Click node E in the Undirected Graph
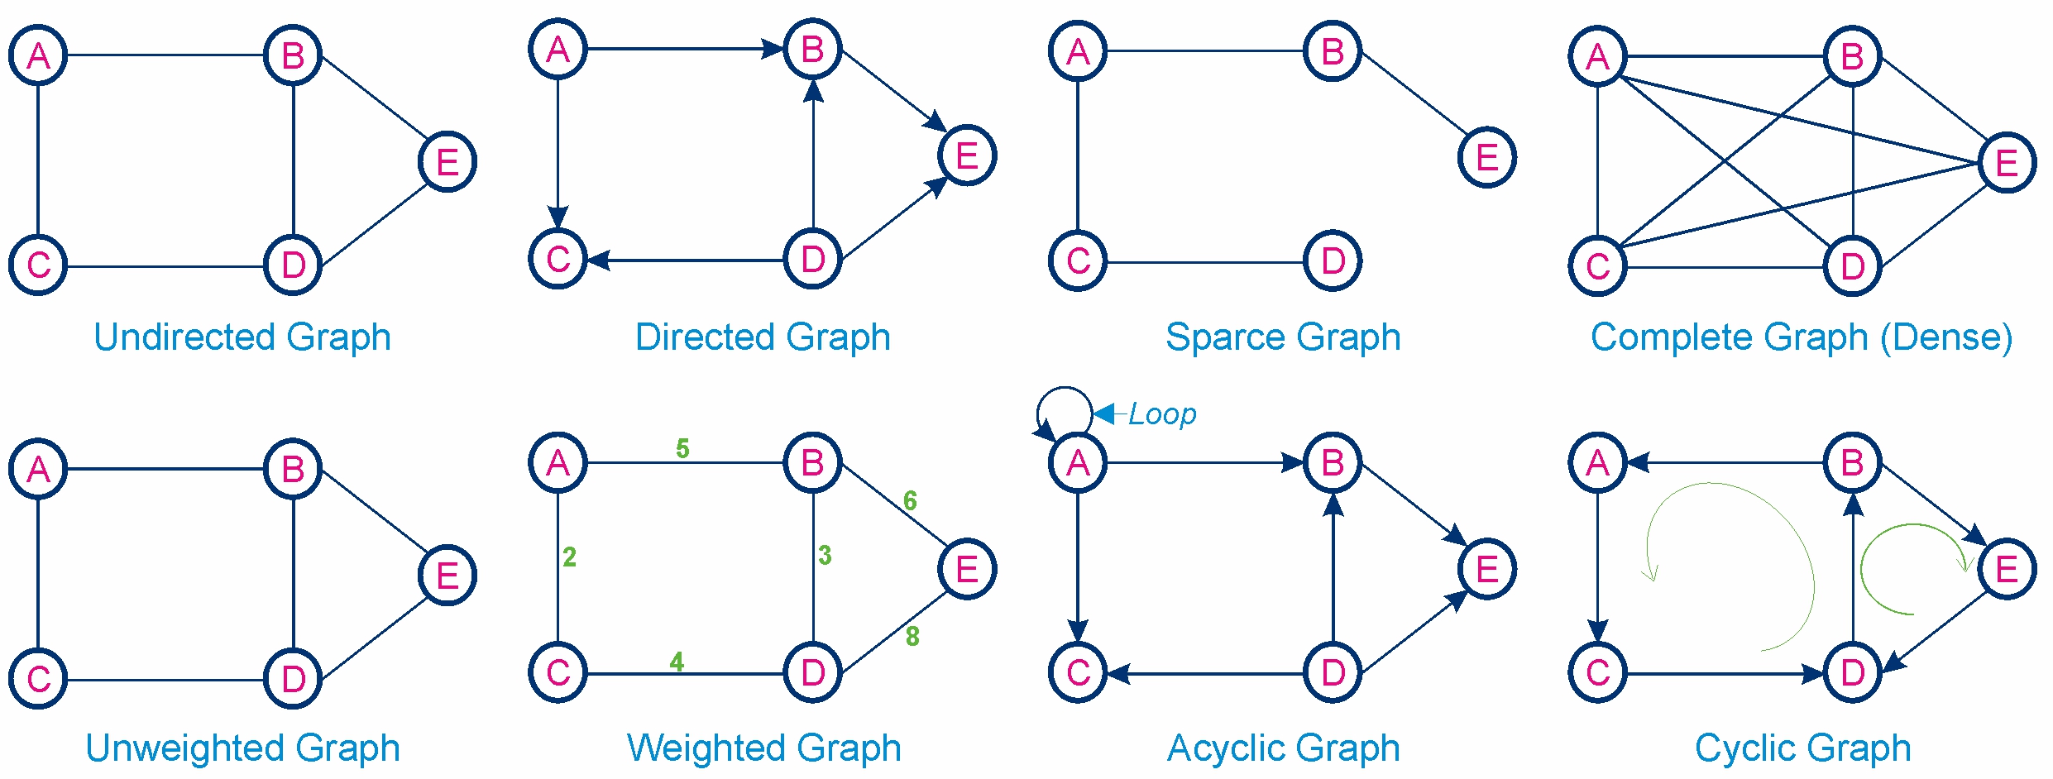click(x=447, y=161)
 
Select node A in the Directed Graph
click(x=558, y=50)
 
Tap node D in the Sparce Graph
click(x=1333, y=260)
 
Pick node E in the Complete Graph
click(x=2008, y=162)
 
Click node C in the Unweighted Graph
click(x=38, y=679)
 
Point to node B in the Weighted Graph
click(x=813, y=462)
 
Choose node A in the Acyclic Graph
click(x=1078, y=463)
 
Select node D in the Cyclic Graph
click(x=1853, y=672)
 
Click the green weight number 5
click(x=682, y=448)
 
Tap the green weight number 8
click(x=912, y=636)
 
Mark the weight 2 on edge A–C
click(x=569, y=557)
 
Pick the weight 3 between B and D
click(x=825, y=555)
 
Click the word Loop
click(x=1162, y=413)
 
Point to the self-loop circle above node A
click(x=1065, y=387)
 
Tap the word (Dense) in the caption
click(x=1946, y=337)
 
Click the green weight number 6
click(x=910, y=500)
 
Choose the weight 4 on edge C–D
click(x=677, y=662)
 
